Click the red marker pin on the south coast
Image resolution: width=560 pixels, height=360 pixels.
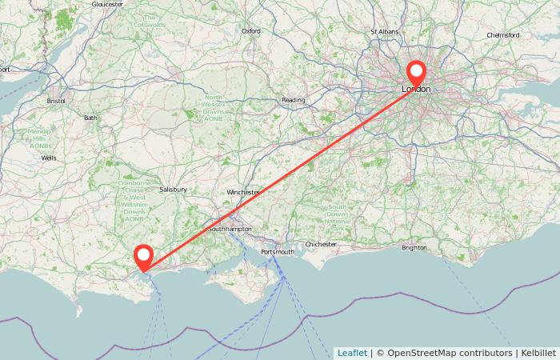point(144,256)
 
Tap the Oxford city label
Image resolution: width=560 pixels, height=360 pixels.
point(251,31)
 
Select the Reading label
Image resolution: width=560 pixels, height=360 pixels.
point(294,100)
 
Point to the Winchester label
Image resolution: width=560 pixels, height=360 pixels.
point(243,193)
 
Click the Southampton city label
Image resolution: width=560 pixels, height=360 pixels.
point(230,230)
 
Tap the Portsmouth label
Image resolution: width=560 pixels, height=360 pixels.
point(278,252)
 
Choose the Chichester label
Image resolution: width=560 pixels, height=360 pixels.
point(322,244)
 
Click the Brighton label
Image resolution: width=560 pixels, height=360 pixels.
point(414,247)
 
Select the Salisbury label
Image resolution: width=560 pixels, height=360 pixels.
point(173,190)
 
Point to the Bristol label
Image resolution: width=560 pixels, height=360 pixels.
point(56,102)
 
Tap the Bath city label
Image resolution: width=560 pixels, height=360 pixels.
point(90,118)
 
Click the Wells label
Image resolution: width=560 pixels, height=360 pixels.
point(49,158)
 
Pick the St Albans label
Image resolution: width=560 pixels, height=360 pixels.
point(385,31)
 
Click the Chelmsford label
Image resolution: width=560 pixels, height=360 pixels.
point(503,35)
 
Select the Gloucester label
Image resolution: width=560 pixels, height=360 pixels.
point(107,4)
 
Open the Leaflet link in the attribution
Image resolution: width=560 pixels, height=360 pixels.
point(352,353)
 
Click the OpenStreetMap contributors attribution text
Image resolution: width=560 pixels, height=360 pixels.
point(449,353)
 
